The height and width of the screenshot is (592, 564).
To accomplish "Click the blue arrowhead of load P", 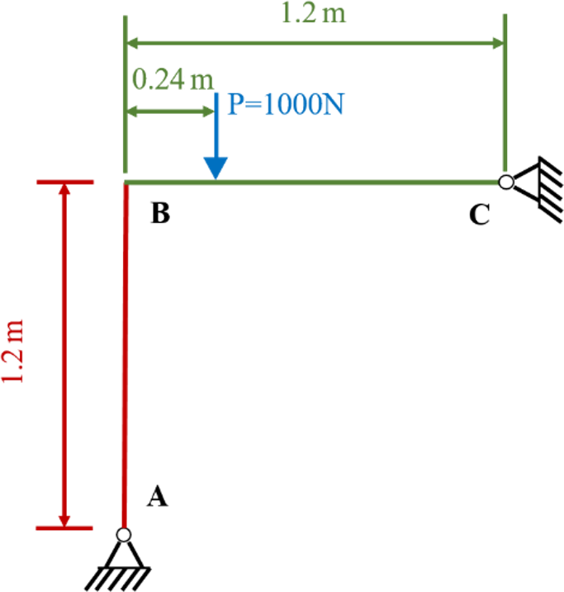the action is (x=216, y=168).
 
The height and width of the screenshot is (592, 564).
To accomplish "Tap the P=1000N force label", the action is (x=286, y=104).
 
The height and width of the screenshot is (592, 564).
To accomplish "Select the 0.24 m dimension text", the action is (x=173, y=79).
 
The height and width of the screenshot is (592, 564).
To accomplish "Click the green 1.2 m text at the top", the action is (x=313, y=13).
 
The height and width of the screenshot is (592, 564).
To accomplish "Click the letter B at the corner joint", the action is (x=160, y=213).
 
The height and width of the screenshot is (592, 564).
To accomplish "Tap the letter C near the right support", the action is (x=480, y=215).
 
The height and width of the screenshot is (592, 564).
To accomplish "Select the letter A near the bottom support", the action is (x=158, y=495).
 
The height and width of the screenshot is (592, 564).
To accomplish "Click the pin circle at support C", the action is (x=506, y=182).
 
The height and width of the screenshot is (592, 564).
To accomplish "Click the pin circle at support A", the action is (x=123, y=534).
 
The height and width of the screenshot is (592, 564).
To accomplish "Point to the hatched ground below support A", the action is (x=118, y=579).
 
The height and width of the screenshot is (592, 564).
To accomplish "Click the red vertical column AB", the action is (x=125, y=355).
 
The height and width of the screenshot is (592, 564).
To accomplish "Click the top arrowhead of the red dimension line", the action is (x=65, y=189).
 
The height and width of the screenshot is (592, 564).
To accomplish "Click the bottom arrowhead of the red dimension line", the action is (x=64, y=521).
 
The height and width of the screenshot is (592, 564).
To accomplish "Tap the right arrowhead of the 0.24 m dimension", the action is (x=209, y=111).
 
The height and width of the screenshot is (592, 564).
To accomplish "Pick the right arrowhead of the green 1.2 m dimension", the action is (x=498, y=43).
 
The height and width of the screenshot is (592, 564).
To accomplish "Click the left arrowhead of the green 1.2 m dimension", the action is (x=132, y=43).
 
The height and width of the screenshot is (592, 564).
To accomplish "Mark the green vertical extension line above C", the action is (x=505, y=93).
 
